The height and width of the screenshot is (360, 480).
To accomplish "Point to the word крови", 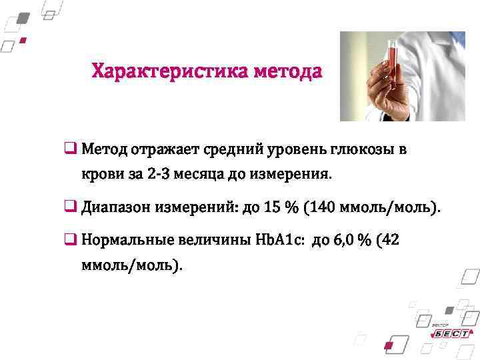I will tap(101, 175).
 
